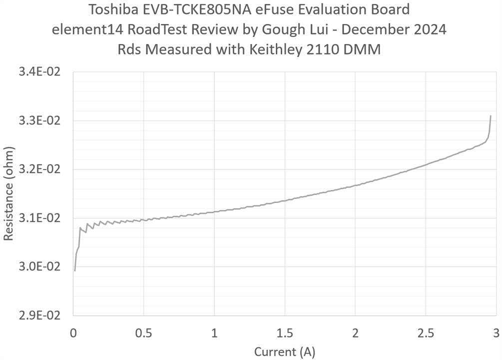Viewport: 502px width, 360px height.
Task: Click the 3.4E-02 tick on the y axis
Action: tap(39, 72)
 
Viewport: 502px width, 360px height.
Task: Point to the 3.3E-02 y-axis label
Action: tap(39, 121)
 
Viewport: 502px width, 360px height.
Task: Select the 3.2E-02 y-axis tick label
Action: tap(39, 169)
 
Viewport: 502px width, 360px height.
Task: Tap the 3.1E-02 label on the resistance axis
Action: tap(39, 218)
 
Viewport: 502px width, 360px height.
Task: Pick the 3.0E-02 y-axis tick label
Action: tap(39, 266)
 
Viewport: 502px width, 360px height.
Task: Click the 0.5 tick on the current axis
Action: tap(143, 332)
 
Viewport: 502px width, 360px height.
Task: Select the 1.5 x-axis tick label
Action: tap(284, 332)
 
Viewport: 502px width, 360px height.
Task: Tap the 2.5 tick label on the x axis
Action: tap(426, 332)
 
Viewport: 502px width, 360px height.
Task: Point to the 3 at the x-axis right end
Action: tap(496, 332)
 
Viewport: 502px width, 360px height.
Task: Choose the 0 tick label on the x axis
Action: tap(73, 332)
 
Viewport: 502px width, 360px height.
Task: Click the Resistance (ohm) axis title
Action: tap(8, 193)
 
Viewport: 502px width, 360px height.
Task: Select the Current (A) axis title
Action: tap(284, 351)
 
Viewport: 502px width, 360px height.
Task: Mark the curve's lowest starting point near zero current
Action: tap(74, 270)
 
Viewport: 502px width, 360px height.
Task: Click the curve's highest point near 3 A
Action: tap(491, 116)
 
